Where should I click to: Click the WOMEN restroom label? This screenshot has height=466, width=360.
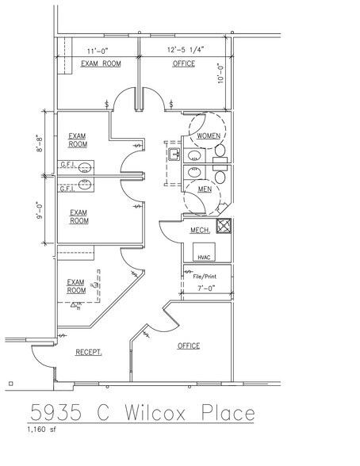(209, 136)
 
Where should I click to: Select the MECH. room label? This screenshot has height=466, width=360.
(199, 230)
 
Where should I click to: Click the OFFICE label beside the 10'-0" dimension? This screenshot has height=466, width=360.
(184, 63)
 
